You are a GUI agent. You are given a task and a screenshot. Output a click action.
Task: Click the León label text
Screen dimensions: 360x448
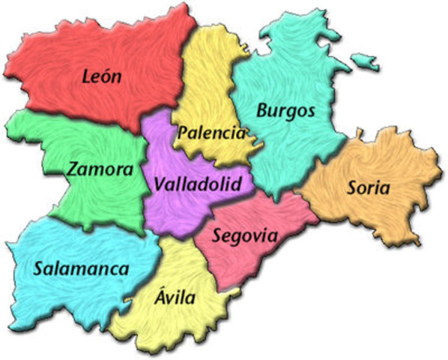pyautogui.click(x=103, y=76)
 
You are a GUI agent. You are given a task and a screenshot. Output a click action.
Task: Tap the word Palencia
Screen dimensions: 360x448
pyautogui.click(x=211, y=133)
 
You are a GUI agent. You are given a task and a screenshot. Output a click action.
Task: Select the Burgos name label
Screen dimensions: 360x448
pyautogui.click(x=285, y=111)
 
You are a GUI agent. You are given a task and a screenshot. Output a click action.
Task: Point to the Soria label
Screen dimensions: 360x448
pyautogui.click(x=368, y=188)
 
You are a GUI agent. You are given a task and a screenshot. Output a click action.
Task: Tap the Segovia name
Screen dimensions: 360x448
pyautogui.click(x=244, y=235)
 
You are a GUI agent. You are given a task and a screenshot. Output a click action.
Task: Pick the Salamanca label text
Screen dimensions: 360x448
pyautogui.click(x=81, y=268)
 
